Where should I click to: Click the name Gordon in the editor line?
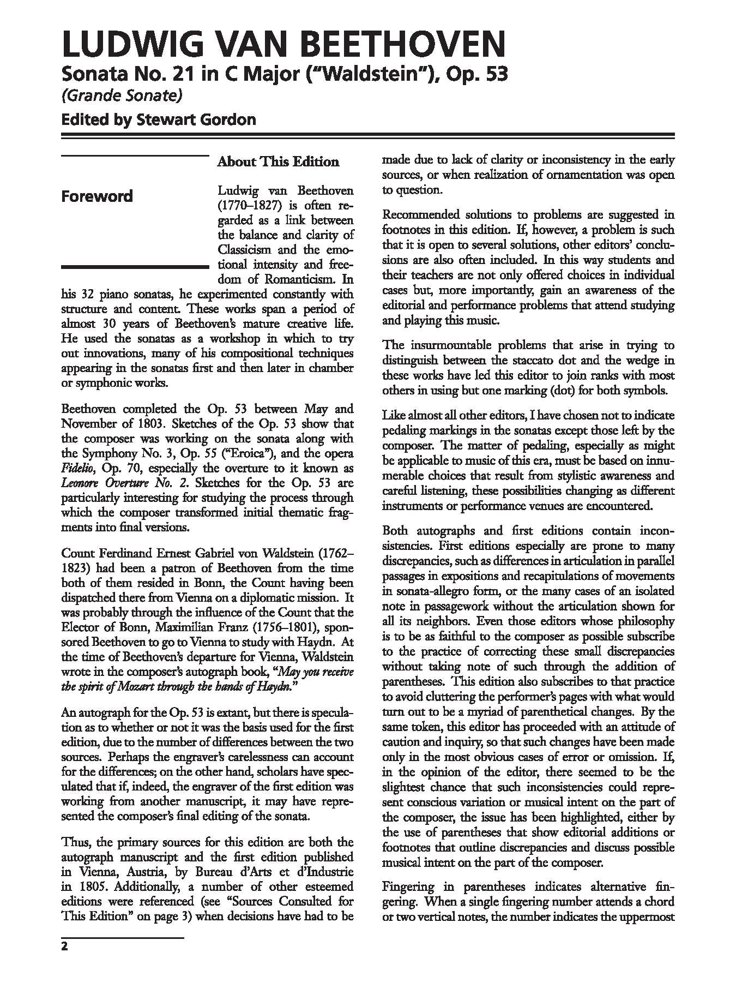point(227,119)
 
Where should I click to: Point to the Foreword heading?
point(97,196)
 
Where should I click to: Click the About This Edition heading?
point(278,162)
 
